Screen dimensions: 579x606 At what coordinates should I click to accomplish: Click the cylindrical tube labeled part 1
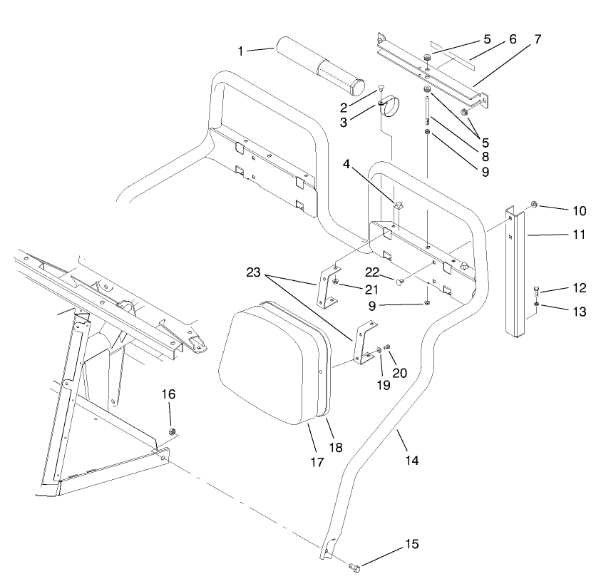coord(322,68)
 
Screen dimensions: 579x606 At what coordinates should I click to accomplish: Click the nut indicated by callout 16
coord(171,432)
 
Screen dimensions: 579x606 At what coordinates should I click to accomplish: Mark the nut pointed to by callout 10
coord(533,207)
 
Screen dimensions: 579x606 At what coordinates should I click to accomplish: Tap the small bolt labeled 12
coord(536,290)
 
